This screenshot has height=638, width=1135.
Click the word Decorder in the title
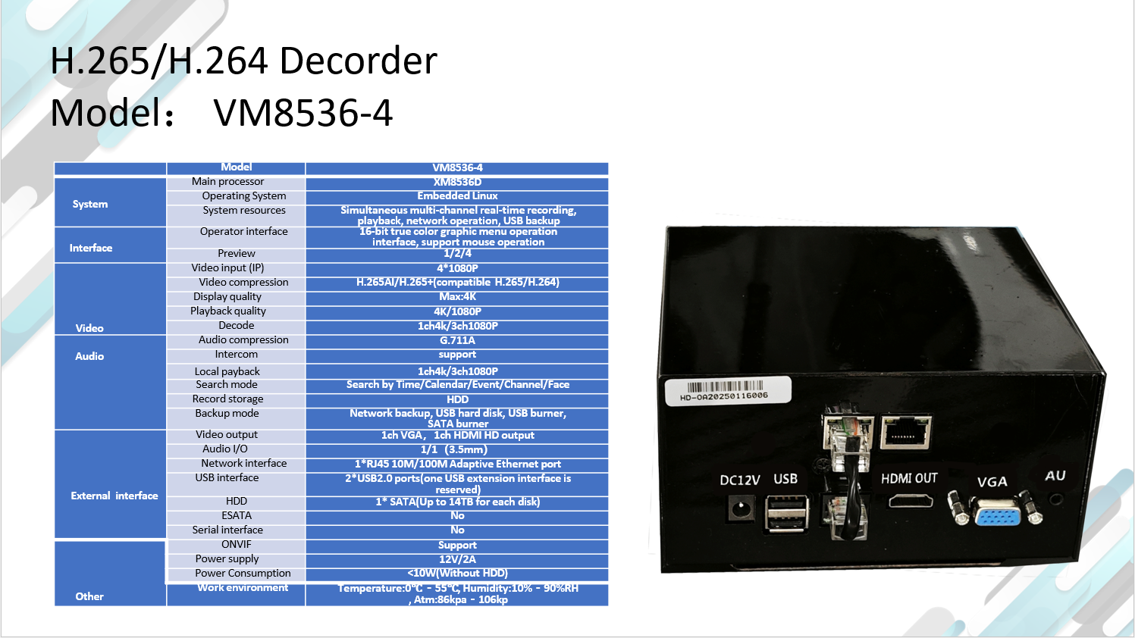point(358,61)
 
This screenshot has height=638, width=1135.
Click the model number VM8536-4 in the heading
point(303,113)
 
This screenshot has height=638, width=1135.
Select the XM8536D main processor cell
point(457,183)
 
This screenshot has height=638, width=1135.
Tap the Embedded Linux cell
point(457,196)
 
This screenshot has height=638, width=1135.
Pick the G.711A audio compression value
point(457,341)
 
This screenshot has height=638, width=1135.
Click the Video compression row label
point(243,283)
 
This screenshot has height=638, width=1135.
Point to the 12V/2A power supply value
point(457,559)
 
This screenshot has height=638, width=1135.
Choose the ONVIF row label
point(236,545)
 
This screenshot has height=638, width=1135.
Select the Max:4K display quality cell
point(457,297)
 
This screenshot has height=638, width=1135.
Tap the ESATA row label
point(236,516)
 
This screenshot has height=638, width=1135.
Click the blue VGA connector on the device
point(997,512)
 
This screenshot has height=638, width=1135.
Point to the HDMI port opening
point(911,502)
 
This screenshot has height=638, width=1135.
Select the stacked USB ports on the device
point(786,514)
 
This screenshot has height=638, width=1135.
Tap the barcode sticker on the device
point(728,391)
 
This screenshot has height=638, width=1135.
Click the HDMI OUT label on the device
point(909,479)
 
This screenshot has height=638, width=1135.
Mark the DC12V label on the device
point(740,480)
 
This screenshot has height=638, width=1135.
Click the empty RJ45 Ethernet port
point(906,433)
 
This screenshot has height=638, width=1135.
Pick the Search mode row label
point(227,385)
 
